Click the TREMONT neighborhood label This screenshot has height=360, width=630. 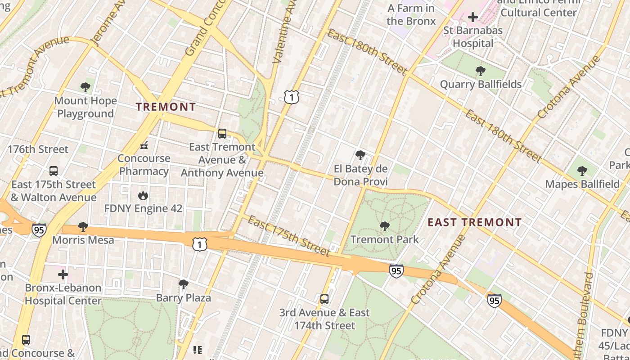(x=166, y=107)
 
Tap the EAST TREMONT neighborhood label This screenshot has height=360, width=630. (x=474, y=222)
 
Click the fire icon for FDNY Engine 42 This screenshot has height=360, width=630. (x=143, y=195)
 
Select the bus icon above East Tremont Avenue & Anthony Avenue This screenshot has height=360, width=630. (x=222, y=134)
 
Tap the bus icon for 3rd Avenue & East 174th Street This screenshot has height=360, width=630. (x=324, y=299)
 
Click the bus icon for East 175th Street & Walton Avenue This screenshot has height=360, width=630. (x=54, y=171)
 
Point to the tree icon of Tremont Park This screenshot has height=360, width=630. (x=384, y=226)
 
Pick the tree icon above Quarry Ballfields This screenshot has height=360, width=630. (x=480, y=71)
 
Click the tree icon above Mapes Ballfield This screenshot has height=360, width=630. (x=582, y=171)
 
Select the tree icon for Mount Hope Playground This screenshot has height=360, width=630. (x=85, y=87)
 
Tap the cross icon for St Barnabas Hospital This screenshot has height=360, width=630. (x=472, y=18)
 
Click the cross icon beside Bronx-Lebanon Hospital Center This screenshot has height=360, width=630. (x=63, y=274)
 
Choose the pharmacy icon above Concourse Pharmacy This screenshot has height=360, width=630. (x=144, y=145)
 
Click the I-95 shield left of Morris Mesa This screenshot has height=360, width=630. (x=39, y=230)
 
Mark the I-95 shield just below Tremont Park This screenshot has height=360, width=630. (x=396, y=271)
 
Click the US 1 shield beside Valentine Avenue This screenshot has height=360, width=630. (x=292, y=96)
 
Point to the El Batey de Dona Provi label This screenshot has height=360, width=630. (x=360, y=175)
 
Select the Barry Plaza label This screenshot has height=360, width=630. (x=183, y=298)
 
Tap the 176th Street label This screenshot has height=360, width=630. (x=38, y=149)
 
